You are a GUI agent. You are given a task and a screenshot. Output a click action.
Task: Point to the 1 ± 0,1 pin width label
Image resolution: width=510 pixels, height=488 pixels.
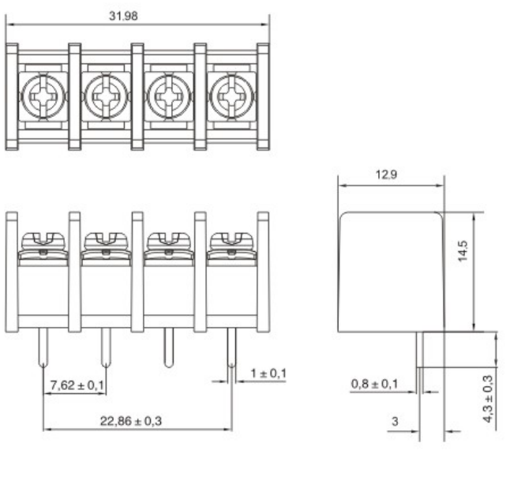click(267, 373)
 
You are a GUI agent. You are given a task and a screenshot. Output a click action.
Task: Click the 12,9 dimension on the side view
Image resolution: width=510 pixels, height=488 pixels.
click(387, 175)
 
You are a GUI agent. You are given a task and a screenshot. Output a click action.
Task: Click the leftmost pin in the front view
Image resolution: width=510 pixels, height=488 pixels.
click(43, 347)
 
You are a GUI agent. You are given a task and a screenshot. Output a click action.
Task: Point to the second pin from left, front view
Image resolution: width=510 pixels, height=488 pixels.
click(105, 347)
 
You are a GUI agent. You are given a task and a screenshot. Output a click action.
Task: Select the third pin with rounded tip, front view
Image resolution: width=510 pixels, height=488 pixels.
click(168, 347)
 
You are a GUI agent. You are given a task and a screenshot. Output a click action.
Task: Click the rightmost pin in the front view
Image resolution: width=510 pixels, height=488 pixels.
click(231, 347)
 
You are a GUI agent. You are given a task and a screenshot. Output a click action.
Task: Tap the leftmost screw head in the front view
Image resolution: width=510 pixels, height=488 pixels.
click(43, 239)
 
